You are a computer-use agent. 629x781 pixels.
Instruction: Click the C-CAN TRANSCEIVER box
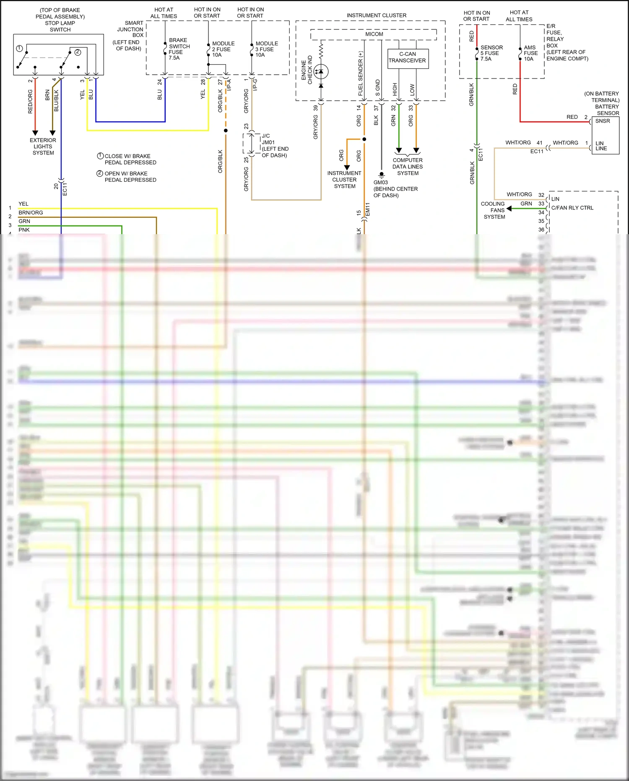click(408, 58)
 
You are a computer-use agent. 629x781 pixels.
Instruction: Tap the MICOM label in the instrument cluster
click(374, 34)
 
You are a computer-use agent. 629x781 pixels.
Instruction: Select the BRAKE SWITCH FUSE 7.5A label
click(179, 49)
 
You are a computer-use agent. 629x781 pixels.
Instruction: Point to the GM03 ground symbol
click(381, 175)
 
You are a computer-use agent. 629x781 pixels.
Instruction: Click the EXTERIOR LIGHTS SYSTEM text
click(43, 146)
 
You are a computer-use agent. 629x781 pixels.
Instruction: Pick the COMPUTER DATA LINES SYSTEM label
click(408, 167)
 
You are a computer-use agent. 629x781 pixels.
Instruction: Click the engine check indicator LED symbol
click(321, 72)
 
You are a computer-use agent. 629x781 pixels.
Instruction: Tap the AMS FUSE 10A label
click(530, 53)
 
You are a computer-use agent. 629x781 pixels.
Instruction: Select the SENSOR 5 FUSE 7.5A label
click(491, 53)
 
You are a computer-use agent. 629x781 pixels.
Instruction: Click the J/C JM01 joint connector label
click(275, 146)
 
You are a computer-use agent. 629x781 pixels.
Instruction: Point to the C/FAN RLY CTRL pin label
click(572, 208)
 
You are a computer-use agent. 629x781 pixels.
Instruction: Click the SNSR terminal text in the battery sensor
click(603, 121)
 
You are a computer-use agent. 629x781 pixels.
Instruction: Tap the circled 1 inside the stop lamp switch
click(19, 49)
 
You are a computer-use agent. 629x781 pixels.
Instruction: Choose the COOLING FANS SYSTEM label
click(494, 210)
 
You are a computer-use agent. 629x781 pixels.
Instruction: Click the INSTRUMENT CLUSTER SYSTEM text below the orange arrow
click(344, 180)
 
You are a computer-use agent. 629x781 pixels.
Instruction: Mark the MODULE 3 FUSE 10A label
click(266, 49)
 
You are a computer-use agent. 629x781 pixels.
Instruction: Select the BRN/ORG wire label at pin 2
click(31, 213)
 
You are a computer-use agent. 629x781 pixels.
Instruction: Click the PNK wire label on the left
click(24, 230)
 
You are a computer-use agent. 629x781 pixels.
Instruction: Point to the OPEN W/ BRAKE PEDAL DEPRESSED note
click(130, 177)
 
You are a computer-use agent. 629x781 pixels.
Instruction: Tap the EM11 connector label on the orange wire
click(368, 209)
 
